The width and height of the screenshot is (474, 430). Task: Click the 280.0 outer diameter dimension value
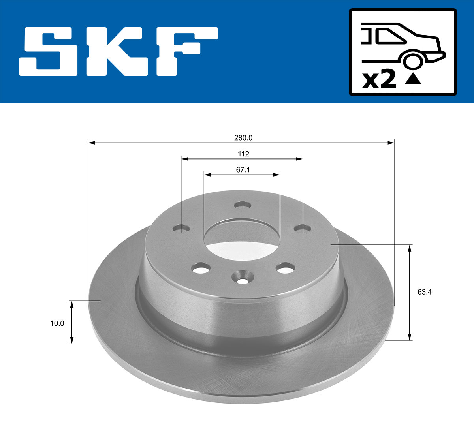pyautogui.click(x=243, y=138)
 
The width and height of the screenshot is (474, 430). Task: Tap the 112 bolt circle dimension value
pyautogui.click(x=243, y=154)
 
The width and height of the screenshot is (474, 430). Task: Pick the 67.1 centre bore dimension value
pyautogui.click(x=243, y=170)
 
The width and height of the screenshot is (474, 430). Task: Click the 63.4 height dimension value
pyautogui.click(x=425, y=292)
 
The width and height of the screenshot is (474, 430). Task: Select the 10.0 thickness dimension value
pyautogui.click(x=57, y=323)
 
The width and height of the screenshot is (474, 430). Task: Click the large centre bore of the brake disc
pyautogui.click(x=242, y=239)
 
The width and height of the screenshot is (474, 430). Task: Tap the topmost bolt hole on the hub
pyautogui.click(x=243, y=205)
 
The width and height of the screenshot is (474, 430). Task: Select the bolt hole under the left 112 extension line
pyautogui.click(x=181, y=229)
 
